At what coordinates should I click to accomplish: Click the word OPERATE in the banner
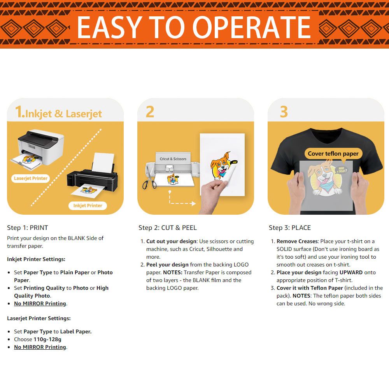[x=251, y=27]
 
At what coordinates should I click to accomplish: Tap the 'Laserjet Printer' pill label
[x=30, y=179]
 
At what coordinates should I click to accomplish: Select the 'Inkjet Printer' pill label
[x=88, y=206]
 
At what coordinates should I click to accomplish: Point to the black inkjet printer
[x=92, y=176]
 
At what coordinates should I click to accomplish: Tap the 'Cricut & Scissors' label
[x=173, y=159]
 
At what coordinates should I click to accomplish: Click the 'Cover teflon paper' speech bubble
[x=333, y=154]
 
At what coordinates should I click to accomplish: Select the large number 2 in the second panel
[x=150, y=112]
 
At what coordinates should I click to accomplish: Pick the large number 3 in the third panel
[x=284, y=112]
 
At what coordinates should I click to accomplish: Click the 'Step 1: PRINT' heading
[x=28, y=228]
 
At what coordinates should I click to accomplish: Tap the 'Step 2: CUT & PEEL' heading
[x=167, y=228]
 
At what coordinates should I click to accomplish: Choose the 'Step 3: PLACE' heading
[x=290, y=228]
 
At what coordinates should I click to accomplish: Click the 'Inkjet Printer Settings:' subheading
[x=36, y=259]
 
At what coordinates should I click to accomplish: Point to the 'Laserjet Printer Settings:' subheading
[x=39, y=318]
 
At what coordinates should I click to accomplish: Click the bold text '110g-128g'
[x=47, y=339]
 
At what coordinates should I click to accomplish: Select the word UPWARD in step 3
[x=351, y=272]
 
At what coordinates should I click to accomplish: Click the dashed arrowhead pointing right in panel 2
[x=193, y=204]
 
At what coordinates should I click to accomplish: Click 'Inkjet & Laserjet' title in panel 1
[x=63, y=114]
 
